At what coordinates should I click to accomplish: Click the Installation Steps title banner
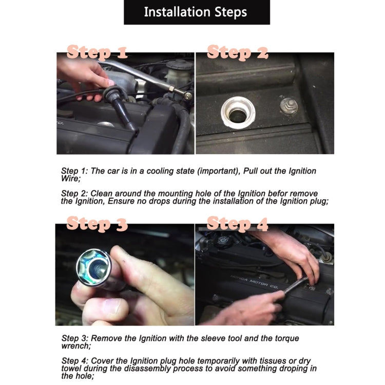click(x=197, y=12)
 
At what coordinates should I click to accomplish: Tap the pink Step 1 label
click(x=97, y=52)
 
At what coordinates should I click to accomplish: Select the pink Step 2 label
click(x=238, y=52)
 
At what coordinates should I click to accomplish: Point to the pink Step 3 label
click(x=97, y=224)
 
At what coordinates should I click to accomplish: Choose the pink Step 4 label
click(x=238, y=224)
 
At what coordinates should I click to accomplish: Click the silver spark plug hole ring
click(x=238, y=112)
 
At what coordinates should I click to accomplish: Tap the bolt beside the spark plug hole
click(x=289, y=106)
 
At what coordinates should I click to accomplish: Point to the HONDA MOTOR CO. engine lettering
click(x=254, y=282)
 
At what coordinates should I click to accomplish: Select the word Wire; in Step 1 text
click(x=71, y=178)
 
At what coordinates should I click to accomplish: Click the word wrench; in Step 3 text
click(x=76, y=345)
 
